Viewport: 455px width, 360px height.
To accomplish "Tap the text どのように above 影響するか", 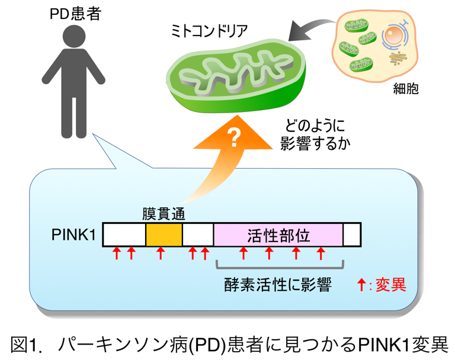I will click(x=315, y=126).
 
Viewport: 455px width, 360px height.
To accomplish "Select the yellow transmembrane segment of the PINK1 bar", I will click(x=164, y=234).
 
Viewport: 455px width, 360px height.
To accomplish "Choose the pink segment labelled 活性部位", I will click(x=278, y=234).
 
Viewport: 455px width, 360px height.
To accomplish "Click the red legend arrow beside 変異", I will click(x=361, y=285).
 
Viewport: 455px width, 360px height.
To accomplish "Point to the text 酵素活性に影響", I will click(x=277, y=285).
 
